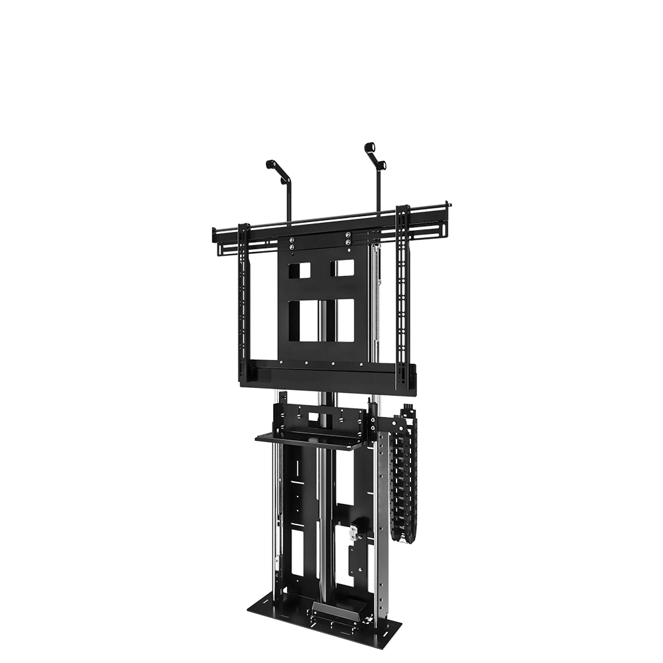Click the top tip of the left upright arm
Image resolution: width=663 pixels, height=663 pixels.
point(270,162)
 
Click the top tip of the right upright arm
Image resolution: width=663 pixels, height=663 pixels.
point(370,146)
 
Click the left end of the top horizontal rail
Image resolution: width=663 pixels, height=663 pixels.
point(213,233)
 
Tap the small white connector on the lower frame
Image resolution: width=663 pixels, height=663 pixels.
point(353,530)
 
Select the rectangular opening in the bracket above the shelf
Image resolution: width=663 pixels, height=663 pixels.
point(310,416)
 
